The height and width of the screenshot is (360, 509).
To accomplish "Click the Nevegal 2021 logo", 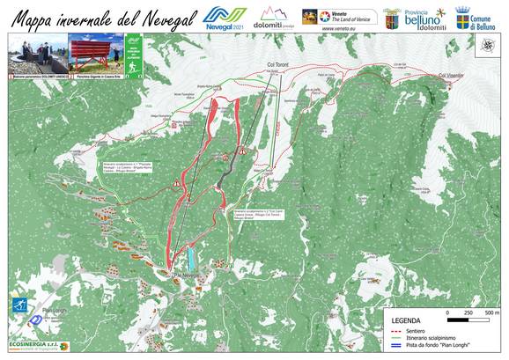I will pyautogui.click(x=225, y=17).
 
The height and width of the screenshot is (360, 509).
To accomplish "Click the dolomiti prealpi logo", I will pyautogui.click(x=274, y=18).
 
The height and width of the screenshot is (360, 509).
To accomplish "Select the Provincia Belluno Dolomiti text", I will pyautogui.click(x=424, y=19).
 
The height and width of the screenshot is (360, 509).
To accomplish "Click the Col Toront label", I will pyautogui.click(x=277, y=64).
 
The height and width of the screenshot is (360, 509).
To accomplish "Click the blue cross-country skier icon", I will pyautogui.click(x=18, y=306).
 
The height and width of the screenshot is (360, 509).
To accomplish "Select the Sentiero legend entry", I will pyautogui.click(x=417, y=330).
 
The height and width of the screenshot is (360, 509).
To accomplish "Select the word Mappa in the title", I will pyautogui.click(x=33, y=17).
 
